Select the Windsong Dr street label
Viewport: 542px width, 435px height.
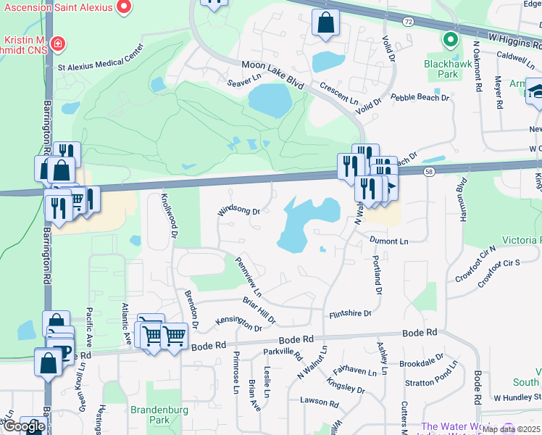tap(239, 211)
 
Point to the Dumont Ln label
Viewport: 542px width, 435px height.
tap(388, 241)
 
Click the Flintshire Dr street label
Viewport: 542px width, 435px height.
tap(350, 314)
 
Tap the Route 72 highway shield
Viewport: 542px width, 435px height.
tap(409, 22)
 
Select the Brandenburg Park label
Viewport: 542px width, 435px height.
tap(159, 415)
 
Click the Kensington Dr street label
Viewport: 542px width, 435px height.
tap(239, 323)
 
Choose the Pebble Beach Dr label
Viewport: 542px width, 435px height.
tap(420, 97)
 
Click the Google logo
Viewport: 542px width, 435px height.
tap(24, 426)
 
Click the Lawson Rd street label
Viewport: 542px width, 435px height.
tap(320, 400)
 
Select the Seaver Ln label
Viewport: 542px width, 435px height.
tap(243, 80)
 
